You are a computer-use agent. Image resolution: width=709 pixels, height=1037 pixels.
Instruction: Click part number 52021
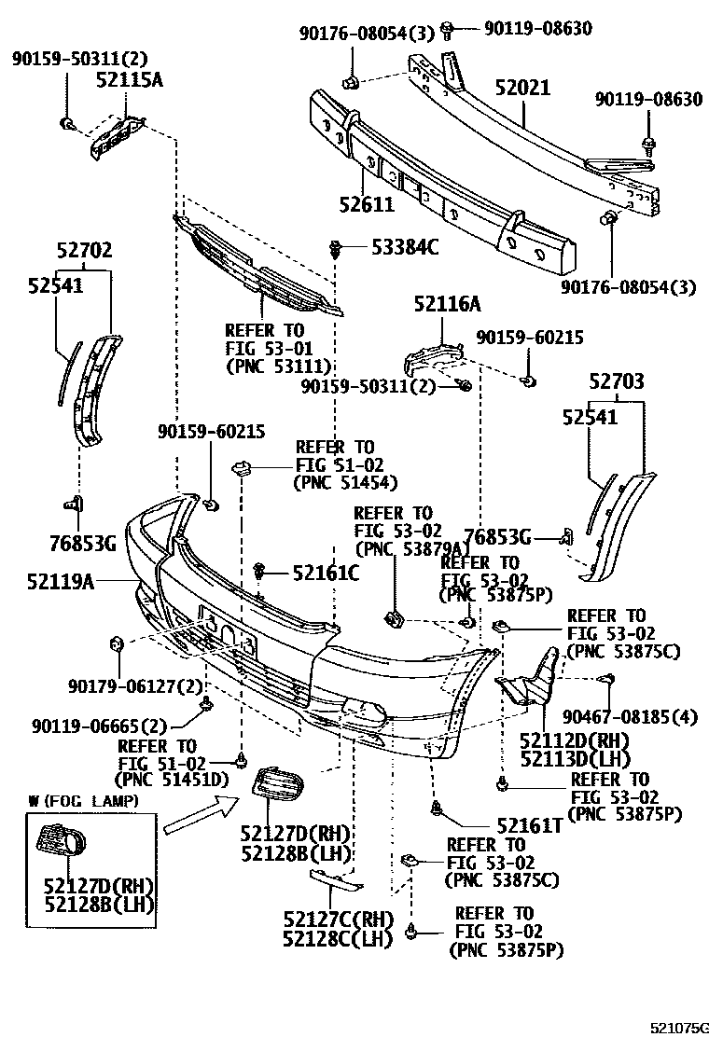pyautogui.click(x=522, y=89)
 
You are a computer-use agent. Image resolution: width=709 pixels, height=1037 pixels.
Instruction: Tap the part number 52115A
pyautogui.click(x=130, y=80)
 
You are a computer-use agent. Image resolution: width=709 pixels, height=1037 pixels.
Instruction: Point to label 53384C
pyautogui.click(x=405, y=248)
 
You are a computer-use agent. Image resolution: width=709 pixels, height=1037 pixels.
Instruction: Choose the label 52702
pyautogui.click(x=84, y=250)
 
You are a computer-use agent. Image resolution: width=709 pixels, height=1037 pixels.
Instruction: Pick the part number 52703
pyautogui.click(x=617, y=381)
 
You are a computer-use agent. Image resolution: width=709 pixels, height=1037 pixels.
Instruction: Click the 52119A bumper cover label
pyautogui.click(x=63, y=582)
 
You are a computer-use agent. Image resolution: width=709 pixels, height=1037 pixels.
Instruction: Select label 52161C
pyautogui.click(x=326, y=574)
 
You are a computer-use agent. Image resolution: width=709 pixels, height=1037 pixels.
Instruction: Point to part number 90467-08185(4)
pyautogui.click(x=630, y=716)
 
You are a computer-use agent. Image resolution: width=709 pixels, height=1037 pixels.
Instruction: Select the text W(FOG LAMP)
pyautogui.click(x=85, y=801)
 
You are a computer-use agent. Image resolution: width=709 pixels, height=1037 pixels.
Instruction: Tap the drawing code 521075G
pyautogui.click(x=679, y=1024)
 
